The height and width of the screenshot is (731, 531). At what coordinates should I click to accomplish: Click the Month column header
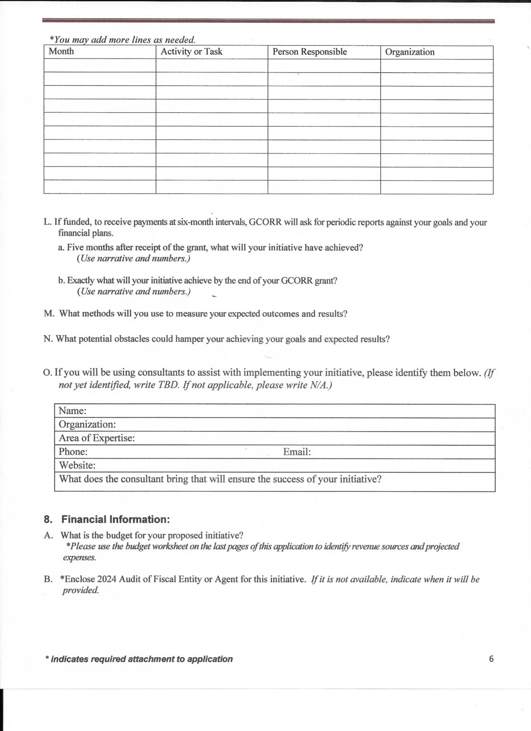click(61, 51)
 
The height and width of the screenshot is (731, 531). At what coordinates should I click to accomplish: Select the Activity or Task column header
click(191, 51)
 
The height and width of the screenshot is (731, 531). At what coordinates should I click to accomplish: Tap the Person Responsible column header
click(309, 52)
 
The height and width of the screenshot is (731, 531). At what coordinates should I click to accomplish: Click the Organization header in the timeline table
click(409, 52)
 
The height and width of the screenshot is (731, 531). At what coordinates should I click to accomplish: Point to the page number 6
click(491, 659)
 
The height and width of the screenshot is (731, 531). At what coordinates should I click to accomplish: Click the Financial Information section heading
click(115, 519)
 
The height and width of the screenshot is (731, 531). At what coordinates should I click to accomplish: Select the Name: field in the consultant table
click(72, 411)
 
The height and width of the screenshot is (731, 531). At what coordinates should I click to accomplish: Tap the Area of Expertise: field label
click(97, 438)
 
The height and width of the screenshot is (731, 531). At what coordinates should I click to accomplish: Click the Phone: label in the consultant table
click(73, 452)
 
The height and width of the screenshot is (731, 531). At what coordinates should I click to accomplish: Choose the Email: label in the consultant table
click(297, 452)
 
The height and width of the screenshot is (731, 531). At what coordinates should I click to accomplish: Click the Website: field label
click(77, 465)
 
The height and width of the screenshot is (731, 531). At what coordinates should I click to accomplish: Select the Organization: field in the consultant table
click(87, 424)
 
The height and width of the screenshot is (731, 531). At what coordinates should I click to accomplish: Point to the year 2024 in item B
click(107, 579)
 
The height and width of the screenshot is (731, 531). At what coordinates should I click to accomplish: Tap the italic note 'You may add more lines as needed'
click(123, 40)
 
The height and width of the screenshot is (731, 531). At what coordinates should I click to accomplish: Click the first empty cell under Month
click(99, 66)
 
